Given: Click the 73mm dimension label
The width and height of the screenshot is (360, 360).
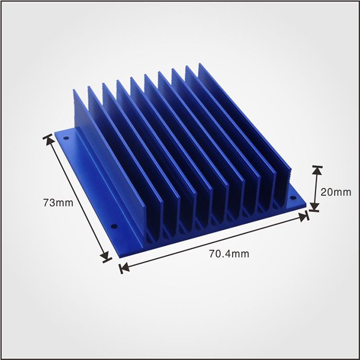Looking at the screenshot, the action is [58, 203].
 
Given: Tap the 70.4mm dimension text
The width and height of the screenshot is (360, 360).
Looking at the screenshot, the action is [229, 254].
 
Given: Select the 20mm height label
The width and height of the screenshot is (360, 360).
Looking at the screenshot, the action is [335, 192].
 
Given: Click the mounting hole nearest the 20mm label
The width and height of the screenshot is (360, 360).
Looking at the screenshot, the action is [293, 197].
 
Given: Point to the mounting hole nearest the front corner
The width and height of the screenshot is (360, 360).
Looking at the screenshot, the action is [114, 226].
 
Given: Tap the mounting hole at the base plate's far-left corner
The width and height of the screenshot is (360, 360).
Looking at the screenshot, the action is [66, 138].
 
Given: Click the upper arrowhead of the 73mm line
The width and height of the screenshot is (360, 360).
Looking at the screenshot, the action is [49, 140].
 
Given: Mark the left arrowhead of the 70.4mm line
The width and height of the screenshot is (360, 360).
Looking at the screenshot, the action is [124, 268].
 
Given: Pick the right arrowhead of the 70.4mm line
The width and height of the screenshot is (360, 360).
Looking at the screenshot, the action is [304, 217].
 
